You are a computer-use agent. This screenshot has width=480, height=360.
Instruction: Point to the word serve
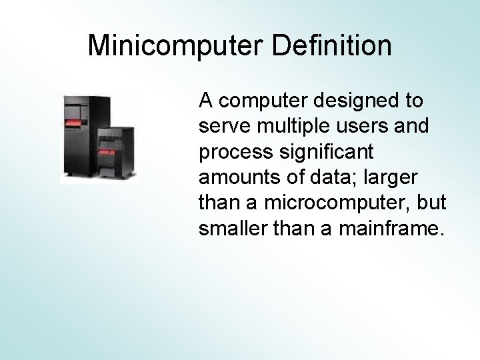[222, 125]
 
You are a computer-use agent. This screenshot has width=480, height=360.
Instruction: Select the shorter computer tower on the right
[117, 152]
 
